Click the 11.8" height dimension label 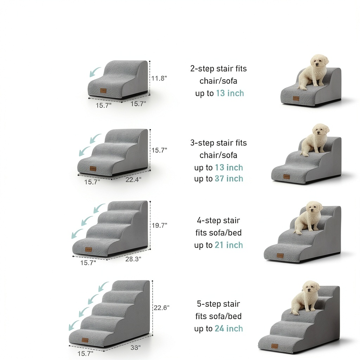point(159,78)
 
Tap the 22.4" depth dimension point(133,180)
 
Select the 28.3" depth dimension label point(133,259)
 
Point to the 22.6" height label point(161,308)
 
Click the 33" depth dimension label point(135,348)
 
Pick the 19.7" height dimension point(159,225)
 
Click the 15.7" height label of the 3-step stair point(159,150)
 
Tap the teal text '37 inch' point(229,179)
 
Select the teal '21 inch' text point(229,245)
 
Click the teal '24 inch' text point(229,329)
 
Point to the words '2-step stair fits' point(218,69)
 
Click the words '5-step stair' point(218,304)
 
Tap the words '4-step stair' point(218,220)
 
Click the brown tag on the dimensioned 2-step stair point(103,91)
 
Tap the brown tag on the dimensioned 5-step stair point(85,340)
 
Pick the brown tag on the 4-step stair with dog point(280,256)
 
